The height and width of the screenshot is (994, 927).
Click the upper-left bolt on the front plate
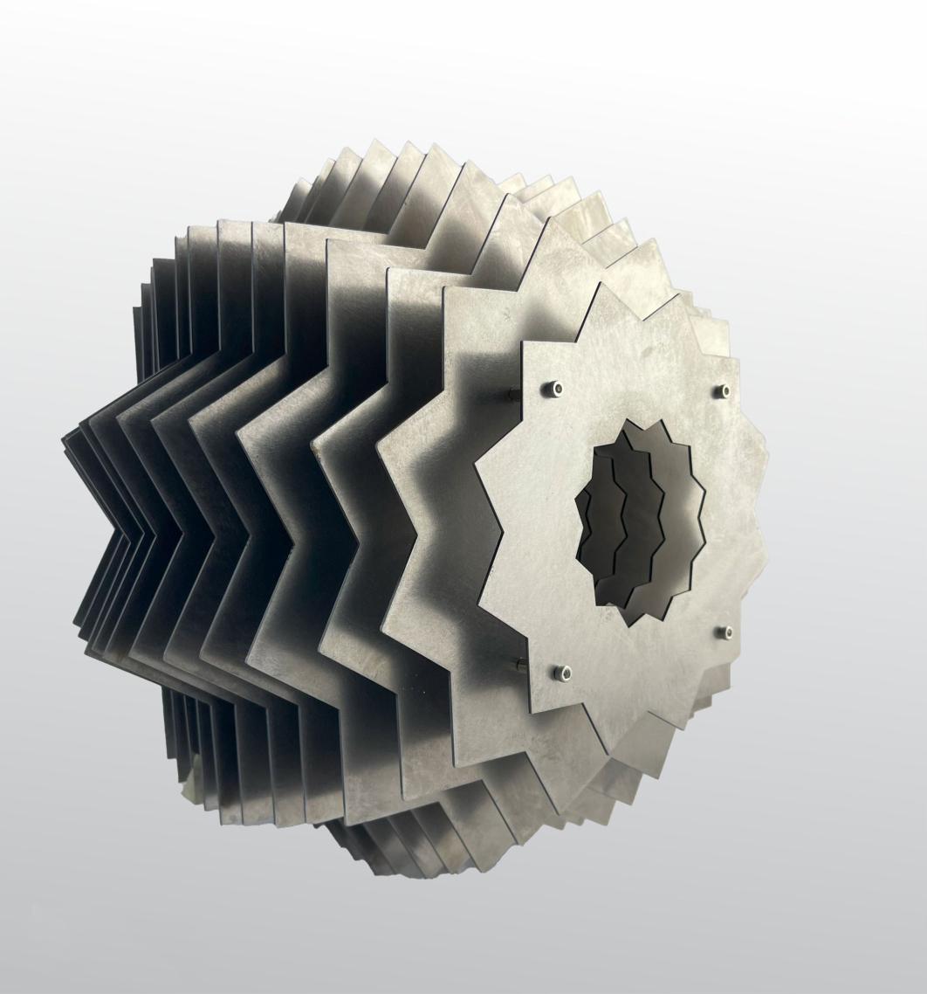tap(556, 389)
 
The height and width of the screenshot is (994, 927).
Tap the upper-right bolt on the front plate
tap(722, 391)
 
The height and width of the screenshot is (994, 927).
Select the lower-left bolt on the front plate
tap(563, 673)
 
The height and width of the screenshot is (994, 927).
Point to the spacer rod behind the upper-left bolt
tap(515, 394)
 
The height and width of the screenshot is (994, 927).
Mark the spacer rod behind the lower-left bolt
tap(520, 667)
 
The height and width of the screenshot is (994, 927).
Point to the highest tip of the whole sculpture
tap(375, 140)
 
